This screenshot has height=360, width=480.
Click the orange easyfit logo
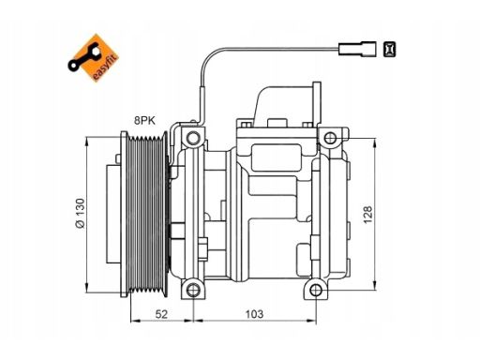click(x=93, y=58)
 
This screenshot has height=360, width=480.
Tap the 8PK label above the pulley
click(x=144, y=120)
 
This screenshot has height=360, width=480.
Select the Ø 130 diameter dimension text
click(x=80, y=213)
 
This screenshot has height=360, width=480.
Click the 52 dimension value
click(x=161, y=314)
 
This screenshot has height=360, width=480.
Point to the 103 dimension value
click(x=254, y=314)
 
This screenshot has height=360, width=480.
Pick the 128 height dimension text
click(x=367, y=215)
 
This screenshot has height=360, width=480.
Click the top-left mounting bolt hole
click(x=193, y=138)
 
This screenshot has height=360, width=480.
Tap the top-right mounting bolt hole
click(x=330, y=138)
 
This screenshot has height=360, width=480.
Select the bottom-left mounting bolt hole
click(x=193, y=290)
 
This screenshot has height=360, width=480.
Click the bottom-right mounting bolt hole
click(x=316, y=290)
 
